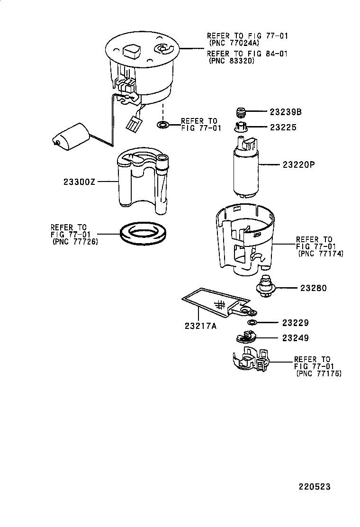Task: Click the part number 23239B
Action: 286,112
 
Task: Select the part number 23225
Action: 284,127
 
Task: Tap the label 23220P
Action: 299,165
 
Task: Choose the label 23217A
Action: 201,326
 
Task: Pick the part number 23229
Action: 296,323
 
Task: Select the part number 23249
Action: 296,338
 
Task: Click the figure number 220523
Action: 314,487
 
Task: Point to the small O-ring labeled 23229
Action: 252,323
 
